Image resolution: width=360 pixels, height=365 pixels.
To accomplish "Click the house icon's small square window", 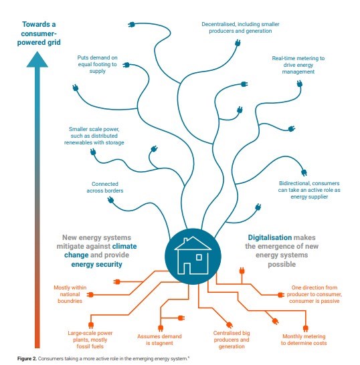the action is [199, 257].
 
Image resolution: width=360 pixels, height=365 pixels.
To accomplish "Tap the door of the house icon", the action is [187, 268].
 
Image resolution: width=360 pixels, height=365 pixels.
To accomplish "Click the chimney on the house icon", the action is [186, 241].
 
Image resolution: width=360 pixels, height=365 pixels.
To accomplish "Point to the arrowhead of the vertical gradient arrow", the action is [37, 59].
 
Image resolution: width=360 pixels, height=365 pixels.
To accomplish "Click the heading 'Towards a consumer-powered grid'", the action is [39, 33].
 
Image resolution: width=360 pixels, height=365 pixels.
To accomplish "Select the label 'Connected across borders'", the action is [105, 187].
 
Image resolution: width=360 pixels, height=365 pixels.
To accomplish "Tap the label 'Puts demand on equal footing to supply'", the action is [98, 64].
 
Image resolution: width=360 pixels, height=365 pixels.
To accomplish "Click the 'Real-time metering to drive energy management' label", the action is [298, 65].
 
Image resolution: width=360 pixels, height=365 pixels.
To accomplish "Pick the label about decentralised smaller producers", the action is [240, 27].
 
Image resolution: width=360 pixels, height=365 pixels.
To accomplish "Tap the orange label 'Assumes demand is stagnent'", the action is [159, 340].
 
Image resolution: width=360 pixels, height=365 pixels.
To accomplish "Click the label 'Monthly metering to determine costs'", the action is [304, 340].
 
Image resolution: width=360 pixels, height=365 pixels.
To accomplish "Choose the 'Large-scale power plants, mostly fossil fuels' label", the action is [90, 340].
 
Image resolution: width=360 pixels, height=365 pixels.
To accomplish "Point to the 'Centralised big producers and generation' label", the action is [232, 340].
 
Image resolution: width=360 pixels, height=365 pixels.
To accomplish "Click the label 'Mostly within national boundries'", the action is [70, 294].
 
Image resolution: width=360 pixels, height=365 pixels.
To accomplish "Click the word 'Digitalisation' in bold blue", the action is [270, 237].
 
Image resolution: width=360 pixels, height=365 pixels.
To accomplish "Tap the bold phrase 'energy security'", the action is [97, 265].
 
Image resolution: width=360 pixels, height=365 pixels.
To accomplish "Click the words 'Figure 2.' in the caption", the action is [27, 358].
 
